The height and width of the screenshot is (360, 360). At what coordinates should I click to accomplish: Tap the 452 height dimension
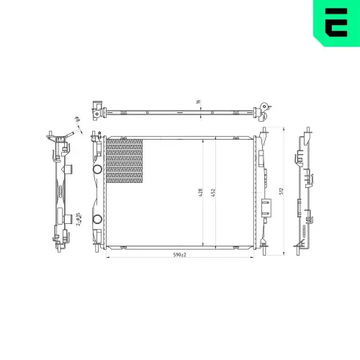(x=214, y=193)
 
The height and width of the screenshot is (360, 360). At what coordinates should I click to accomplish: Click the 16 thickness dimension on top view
(x=198, y=102)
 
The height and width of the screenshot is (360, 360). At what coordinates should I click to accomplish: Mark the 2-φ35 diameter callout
(x=78, y=218)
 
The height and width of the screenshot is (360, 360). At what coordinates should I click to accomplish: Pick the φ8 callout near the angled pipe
(x=75, y=121)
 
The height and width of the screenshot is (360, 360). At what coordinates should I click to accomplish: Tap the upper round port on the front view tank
(x=97, y=170)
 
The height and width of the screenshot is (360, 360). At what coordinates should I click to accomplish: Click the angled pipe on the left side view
(x=69, y=136)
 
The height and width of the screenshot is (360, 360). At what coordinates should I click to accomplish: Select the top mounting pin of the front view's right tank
(x=265, y=131)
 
